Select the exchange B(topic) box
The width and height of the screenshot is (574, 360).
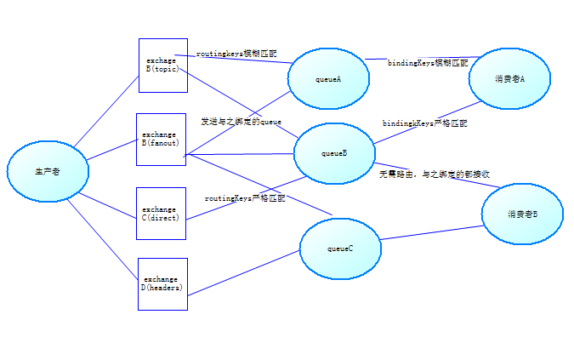(162, 65)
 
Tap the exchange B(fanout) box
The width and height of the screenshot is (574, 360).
(161, 139)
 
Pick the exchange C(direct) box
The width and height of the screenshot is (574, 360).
(160, 213)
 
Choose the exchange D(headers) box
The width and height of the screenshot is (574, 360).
(162, 283)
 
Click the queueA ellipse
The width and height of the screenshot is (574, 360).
(328, 79)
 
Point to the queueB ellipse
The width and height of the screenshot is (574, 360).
(334, 153)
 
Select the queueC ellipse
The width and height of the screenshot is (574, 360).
(339, 248)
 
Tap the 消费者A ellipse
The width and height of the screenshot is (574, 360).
(509, 78)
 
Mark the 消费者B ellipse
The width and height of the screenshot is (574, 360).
(522, 214)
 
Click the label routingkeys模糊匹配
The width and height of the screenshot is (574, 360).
(236, 54)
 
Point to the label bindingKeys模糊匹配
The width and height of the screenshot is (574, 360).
(428, 63)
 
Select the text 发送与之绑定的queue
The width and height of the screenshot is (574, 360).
(241, 122)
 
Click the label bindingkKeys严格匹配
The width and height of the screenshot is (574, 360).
(424, 123)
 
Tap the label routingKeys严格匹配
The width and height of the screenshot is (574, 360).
(245, 197)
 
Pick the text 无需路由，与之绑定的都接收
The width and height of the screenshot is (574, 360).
(434, 174)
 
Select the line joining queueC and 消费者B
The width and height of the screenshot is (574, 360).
(430, 233)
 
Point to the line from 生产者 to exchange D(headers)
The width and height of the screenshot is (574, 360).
(103, 237)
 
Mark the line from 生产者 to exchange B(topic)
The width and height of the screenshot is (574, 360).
(106, 111)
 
